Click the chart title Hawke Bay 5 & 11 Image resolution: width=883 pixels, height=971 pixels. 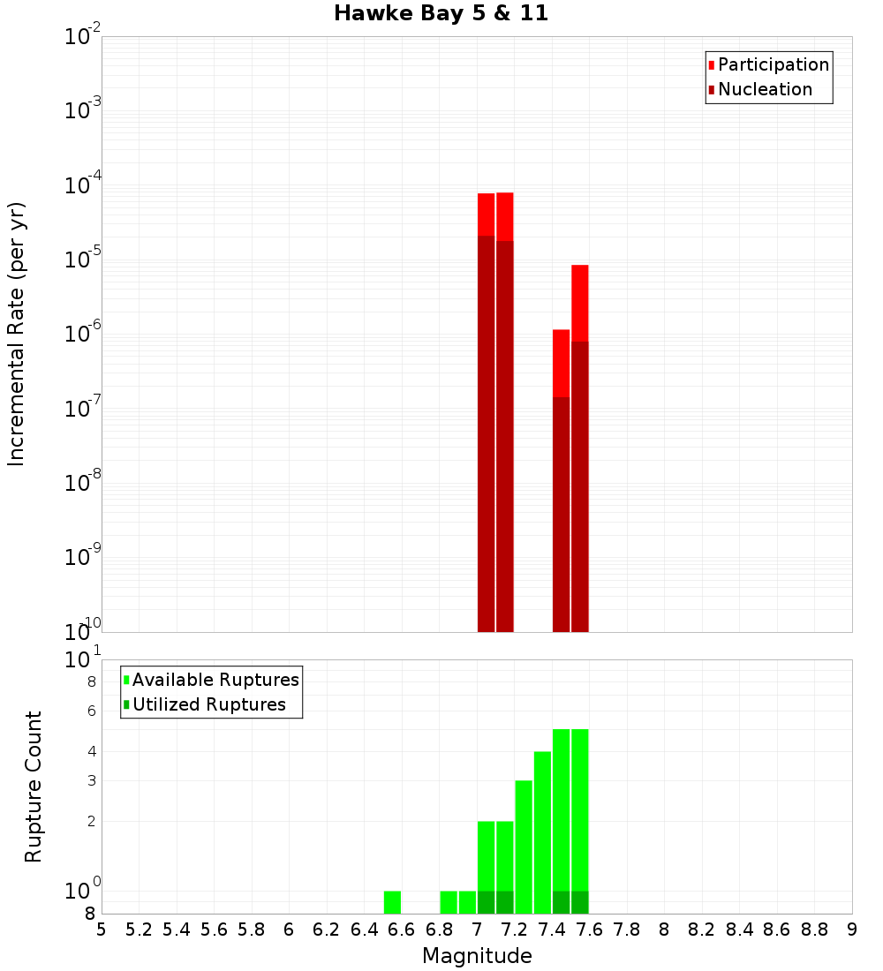pyautogui.click(x=441, y=14)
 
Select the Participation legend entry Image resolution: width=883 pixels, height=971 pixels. pyautogui.click(x=774, y=64)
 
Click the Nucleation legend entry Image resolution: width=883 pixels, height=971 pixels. pyautogui.click(x=765, y=89)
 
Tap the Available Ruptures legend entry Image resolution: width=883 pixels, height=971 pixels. pyautogui.click(x=215, y=680)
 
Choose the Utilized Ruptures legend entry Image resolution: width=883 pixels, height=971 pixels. pyautogui.click(x=208, y=704)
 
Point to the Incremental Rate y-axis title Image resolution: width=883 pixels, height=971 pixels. pyautogui.click(x=17, y=334)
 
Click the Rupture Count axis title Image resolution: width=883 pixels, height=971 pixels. pyautogui.click(x=34, y=787)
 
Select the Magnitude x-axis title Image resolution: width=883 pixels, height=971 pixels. pyautogui.click(x=477, y=956)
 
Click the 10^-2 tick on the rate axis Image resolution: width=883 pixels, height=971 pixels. pyautogui.click(x=83, y=37)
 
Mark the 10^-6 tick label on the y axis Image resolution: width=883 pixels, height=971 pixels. pyautogui.click(x=83, y=335)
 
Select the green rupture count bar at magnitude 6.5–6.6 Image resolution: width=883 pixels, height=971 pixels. pyautogui.click(x=393, y=902)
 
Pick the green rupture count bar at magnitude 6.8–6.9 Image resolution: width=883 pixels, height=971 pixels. pyautogui.click(x=449, y=902)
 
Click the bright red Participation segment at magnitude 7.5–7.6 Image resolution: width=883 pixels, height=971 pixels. pyautogui.click(x=580, y=303)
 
